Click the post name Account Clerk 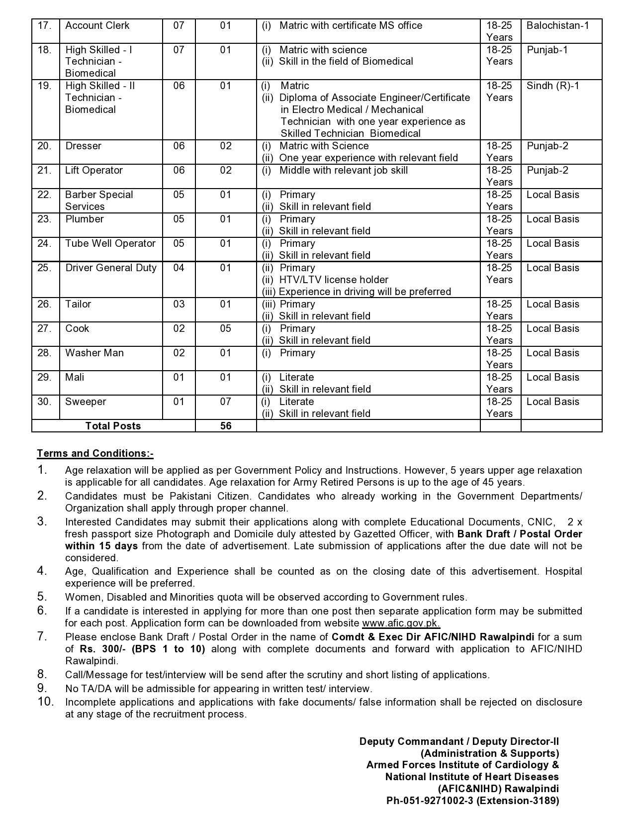(x=97, y=25)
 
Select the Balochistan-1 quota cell (x=557, y=25)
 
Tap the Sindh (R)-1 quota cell (x=552, y=86)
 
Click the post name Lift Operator (x=93, y=170)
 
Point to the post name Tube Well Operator (x=110, y=243)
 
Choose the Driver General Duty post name (x=111, y=268)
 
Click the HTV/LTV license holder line (x=333, y=280)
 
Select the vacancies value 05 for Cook (x=226, y=328)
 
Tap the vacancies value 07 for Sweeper (x=226, y=402)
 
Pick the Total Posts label (x=113, y=426)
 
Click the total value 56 (x=226, y=426)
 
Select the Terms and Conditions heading (x=95, y=453)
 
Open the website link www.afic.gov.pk (x=401, y=623)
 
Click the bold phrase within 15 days (x=101, y=546)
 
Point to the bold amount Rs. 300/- (x=103, y=649)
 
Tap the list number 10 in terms (x=45, y=702)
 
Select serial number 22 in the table (x=44, y=195)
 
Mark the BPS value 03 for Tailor (x=179, y=304)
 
